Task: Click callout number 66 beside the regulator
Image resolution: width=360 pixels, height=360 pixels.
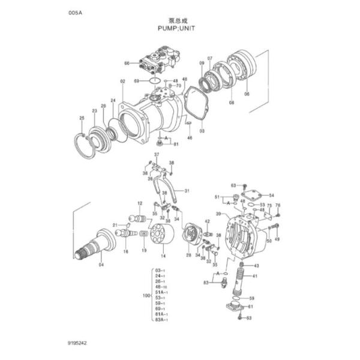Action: pos(127,63)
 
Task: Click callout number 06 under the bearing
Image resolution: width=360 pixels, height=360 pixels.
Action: pos(246,94)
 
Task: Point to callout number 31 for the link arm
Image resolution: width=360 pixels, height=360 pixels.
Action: pos(187,191)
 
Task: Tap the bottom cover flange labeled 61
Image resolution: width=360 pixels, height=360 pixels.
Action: pos(235,307)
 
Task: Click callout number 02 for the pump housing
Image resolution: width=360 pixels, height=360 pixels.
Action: pos(122,81)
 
